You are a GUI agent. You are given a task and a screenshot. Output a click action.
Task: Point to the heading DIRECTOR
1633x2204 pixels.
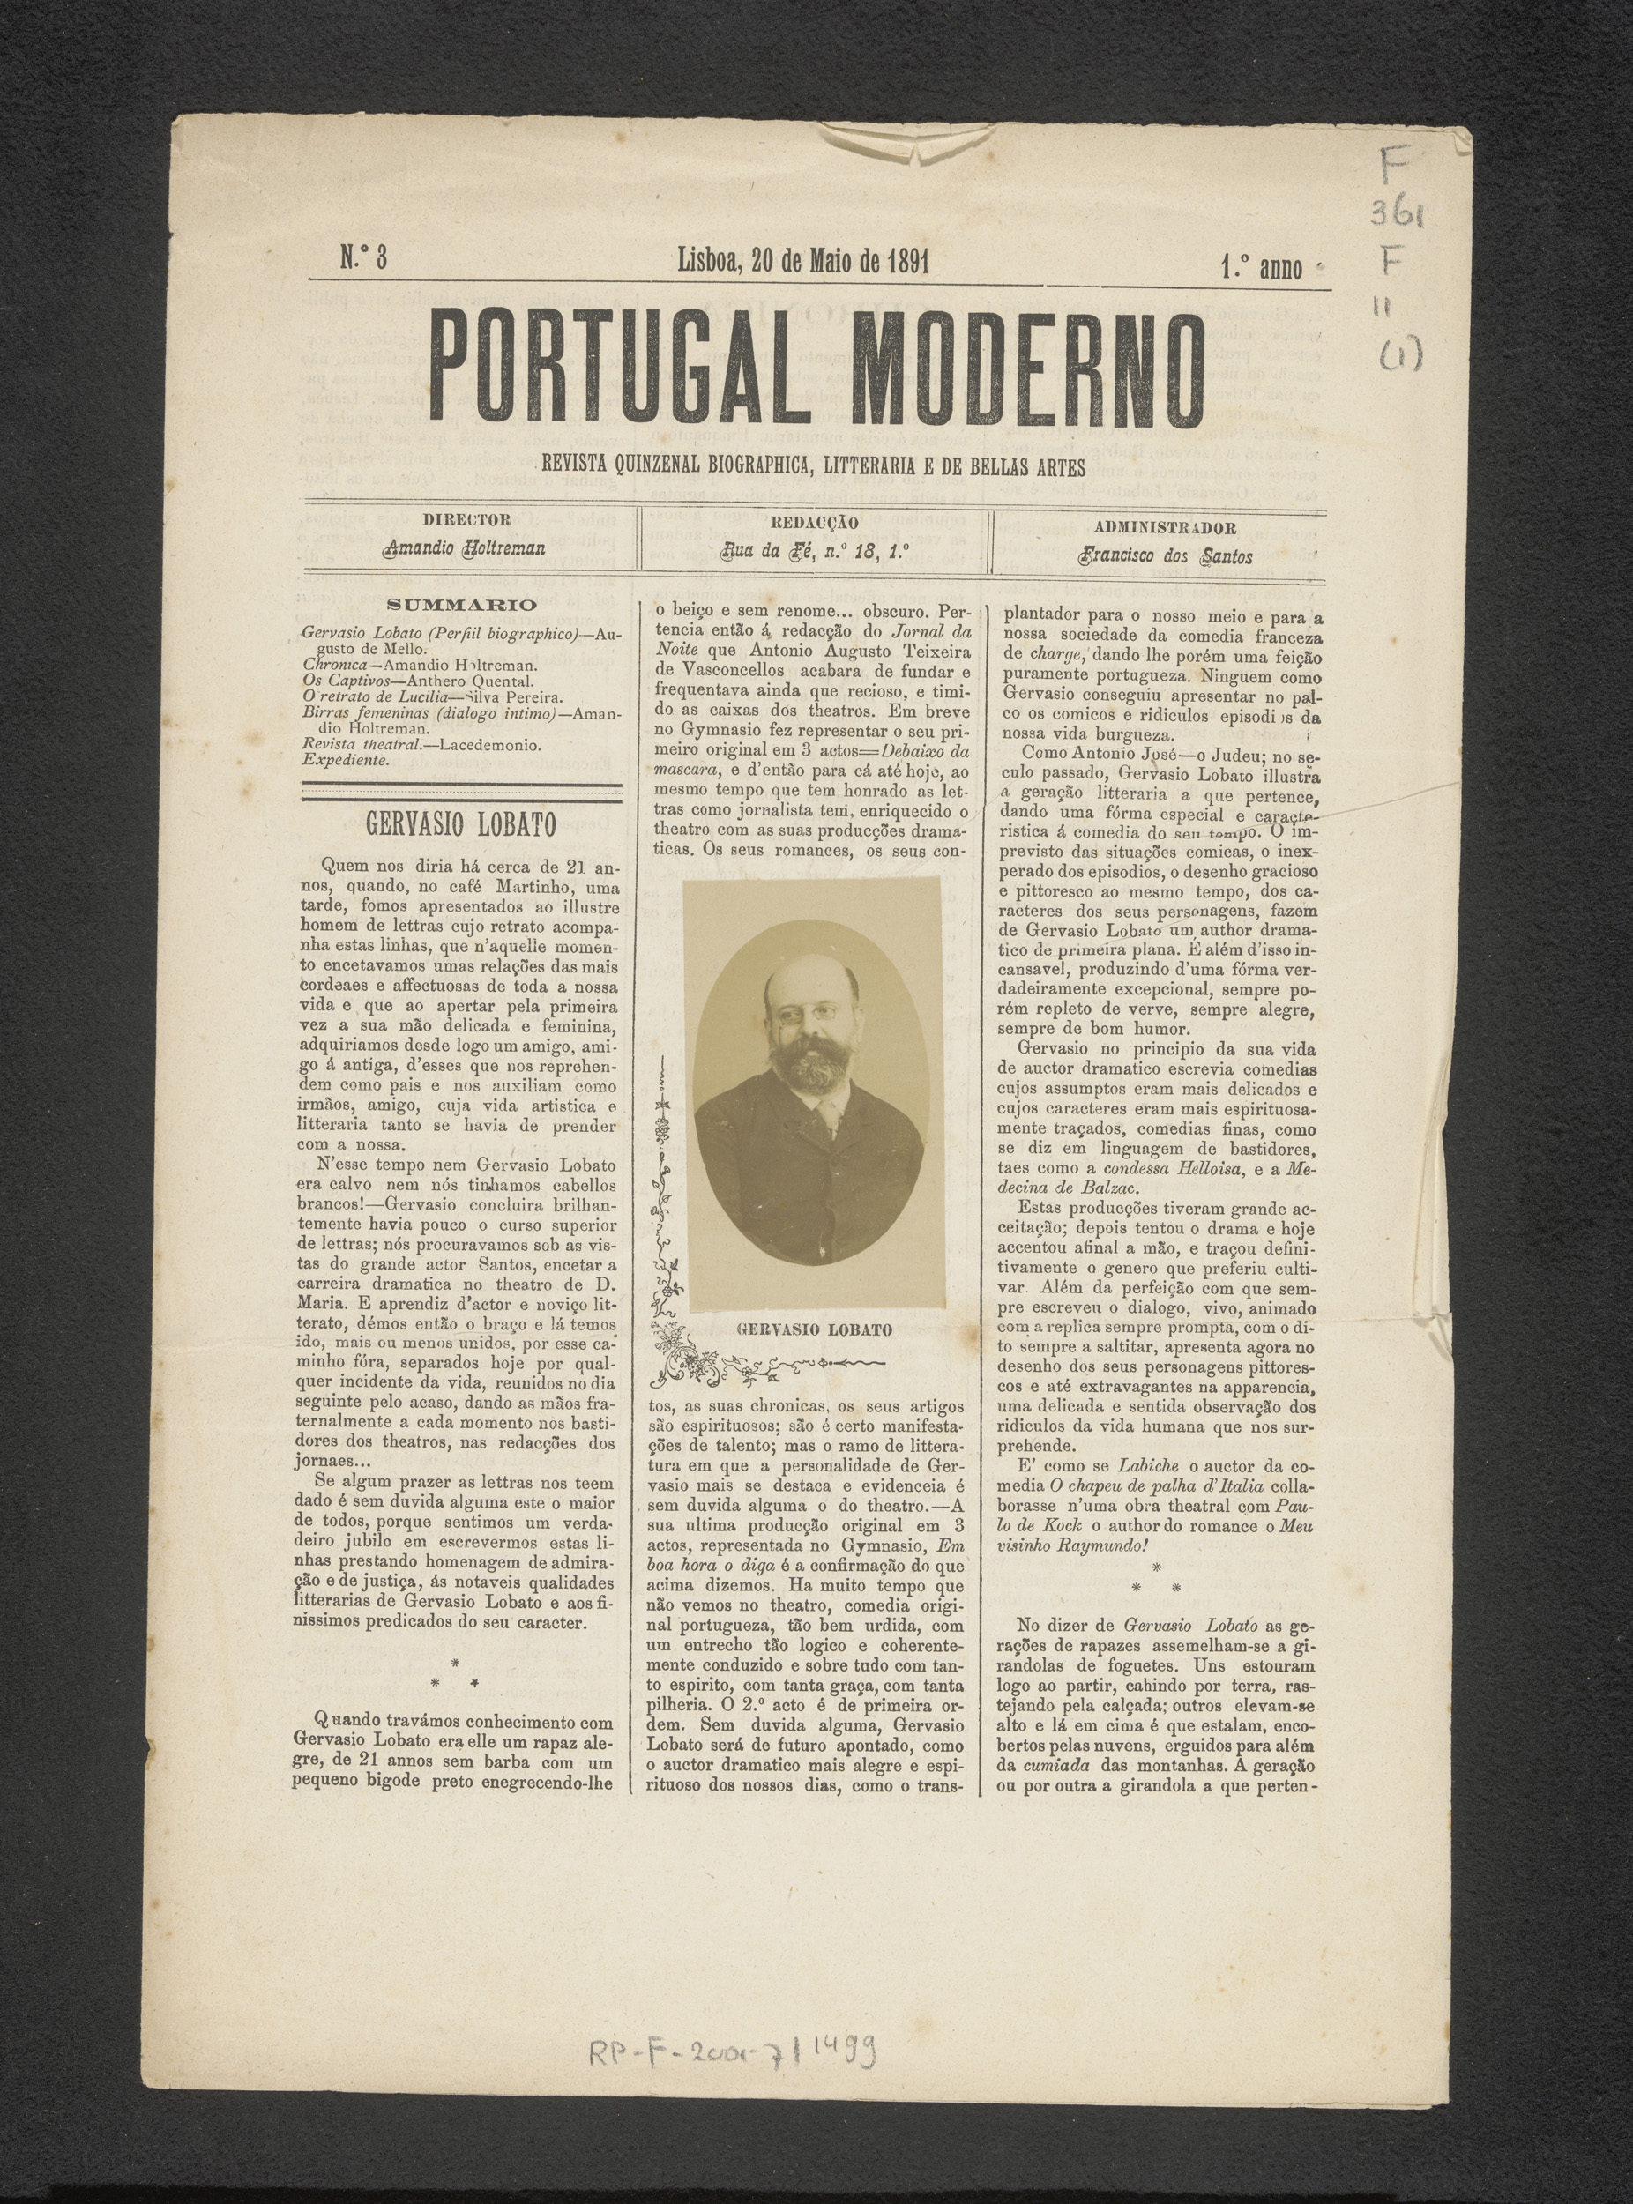click(466, 520)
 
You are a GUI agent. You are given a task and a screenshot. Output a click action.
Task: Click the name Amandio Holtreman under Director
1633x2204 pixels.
click(465, 547)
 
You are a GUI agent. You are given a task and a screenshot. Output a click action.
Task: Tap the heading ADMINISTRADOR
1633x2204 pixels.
click(1165, 528)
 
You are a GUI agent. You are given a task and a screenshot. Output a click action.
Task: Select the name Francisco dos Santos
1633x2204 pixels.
click(1167, 556)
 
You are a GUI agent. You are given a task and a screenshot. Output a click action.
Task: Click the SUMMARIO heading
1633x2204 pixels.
click(462, 605)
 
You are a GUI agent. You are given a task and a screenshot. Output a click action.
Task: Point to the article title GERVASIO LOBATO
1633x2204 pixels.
click(460, 823)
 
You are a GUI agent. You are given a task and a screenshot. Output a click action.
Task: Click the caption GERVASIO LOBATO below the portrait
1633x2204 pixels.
click(815, 1329)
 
